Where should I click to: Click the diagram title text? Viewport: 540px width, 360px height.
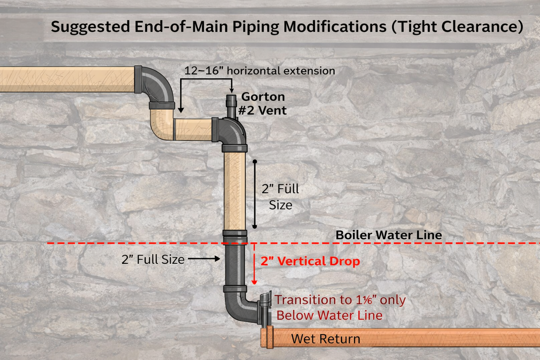[x=287, y=27]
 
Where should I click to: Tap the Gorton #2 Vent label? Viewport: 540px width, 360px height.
[x=263, y=103]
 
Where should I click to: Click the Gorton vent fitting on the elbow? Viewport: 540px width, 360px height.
[x=231, y=105]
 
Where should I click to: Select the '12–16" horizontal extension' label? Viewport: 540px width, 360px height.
[x=259, y=71]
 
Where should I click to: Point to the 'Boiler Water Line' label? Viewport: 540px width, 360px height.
[x=388, y=235]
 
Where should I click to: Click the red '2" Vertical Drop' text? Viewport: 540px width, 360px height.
[x=310, y=261]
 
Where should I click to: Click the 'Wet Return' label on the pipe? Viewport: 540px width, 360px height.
[x=326, y=339]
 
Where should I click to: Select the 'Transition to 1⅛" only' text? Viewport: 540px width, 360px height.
[x=340, y=300]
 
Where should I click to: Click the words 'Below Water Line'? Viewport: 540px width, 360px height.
[x=329, y=315]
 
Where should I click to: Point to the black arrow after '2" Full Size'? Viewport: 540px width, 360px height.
[x=204, y=259]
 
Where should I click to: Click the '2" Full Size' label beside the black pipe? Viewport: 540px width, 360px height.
[x=153, y=259]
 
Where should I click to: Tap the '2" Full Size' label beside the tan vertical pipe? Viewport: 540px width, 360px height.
[x=280, y=197]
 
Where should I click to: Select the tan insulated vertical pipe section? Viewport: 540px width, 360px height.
[x=234, y=190]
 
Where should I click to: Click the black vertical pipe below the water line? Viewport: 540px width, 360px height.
[x=234, y=265]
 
